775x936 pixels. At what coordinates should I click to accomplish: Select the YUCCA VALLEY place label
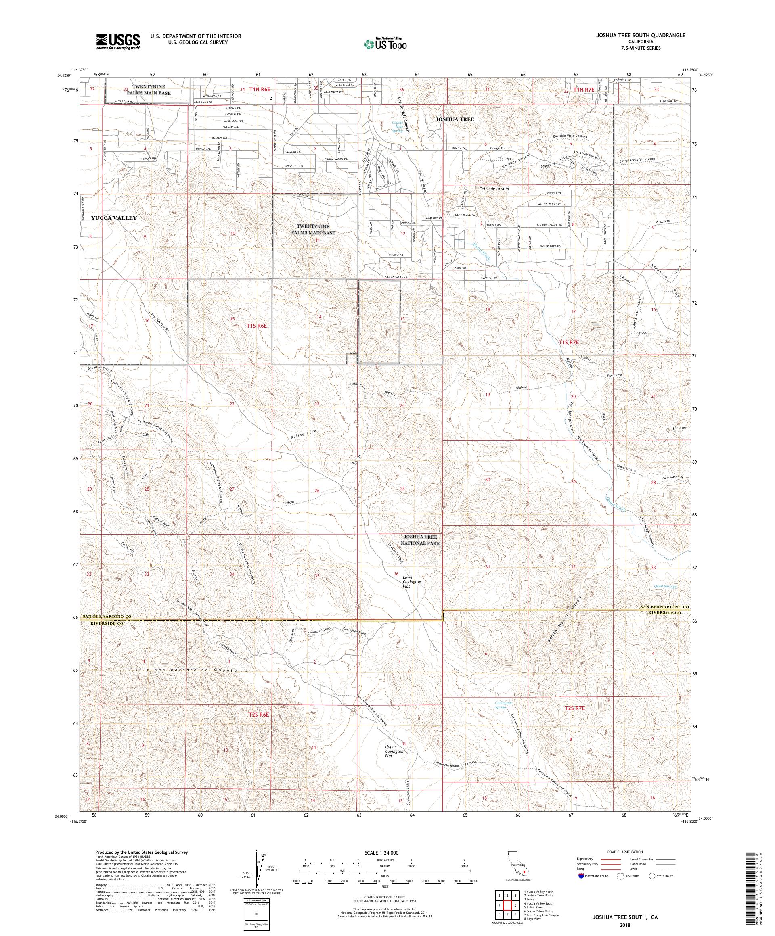click(114, 218)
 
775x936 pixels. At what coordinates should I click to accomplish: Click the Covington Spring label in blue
click(503, 705)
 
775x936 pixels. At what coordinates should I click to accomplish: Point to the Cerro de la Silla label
click(494, 189)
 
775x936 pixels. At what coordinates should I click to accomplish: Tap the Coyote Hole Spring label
click(397, 127)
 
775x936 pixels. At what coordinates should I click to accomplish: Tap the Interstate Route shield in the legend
click(581, 876)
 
